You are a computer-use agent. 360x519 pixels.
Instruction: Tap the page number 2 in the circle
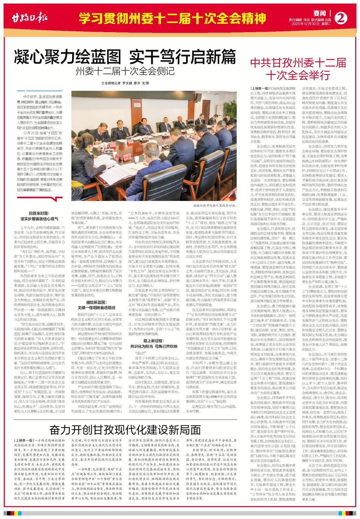342,17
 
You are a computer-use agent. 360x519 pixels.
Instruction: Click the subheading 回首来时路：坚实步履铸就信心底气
42,216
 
